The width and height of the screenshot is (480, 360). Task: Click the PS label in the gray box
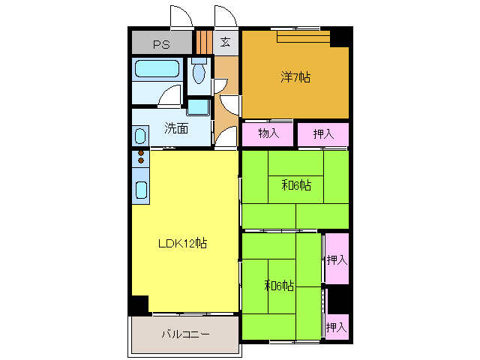pos(161,43)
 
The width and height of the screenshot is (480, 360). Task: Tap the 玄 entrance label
pos(225,42)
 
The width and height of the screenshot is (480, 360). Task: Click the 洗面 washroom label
pos(176,127)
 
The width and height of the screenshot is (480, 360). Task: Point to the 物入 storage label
pos(268,134)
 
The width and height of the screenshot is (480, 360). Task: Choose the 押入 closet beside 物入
pos(322,134)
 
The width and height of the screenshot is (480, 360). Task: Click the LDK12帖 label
pos(182,243)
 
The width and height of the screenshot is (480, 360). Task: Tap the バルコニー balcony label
pos(184,334)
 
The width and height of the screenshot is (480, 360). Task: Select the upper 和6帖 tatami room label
pos(296,184)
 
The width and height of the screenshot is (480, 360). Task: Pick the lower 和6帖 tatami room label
pos(279,286)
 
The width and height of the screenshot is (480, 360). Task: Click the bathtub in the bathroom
pos(157,72)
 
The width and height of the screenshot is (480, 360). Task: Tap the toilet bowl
pos(198,73)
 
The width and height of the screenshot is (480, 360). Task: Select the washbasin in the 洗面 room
pos(140,136)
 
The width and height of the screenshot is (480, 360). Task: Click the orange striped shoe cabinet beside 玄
pos(203,40)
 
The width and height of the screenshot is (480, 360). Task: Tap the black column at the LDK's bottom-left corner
pos(139,305)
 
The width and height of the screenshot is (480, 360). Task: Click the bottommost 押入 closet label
pos(336,327)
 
